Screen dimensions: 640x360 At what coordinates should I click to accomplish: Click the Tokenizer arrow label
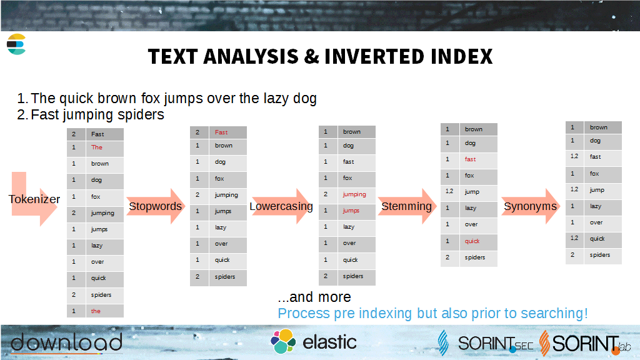pos(34,199)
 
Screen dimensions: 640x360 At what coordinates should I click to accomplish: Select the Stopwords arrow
pos(156,206)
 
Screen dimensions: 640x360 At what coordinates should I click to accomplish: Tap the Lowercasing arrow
pos(281,206)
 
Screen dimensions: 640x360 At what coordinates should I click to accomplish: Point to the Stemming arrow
pos(407,206)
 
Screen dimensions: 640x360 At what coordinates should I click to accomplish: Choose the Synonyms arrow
pos(531,206)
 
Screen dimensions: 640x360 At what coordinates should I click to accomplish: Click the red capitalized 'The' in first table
pos(97,147)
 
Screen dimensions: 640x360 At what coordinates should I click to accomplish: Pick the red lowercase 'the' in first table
pos(96,311)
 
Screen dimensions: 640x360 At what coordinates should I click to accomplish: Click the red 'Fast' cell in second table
pos(221,132)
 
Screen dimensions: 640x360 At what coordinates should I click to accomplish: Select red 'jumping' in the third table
pos(354,194)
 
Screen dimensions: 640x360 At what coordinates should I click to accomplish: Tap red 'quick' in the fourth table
pos(472,241)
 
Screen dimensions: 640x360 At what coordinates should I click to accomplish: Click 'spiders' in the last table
pos(599,255)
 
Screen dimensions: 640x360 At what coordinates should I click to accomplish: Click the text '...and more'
pos(314,297)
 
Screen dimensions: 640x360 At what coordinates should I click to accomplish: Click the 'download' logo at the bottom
pos(66,342)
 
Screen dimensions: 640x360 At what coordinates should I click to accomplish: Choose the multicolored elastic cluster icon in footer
pos(283,341)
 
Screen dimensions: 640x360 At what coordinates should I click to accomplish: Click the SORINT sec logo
pos(486,343)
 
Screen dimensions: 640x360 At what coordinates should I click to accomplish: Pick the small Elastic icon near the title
pos(16,44)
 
